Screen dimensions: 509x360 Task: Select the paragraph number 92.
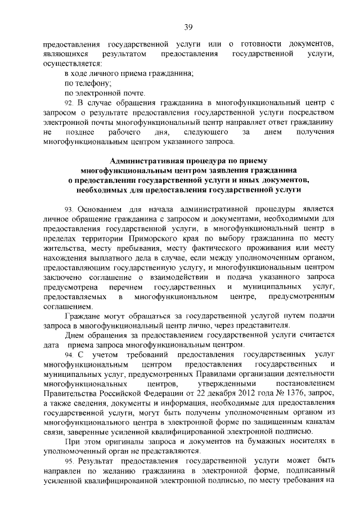pos(69,102)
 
